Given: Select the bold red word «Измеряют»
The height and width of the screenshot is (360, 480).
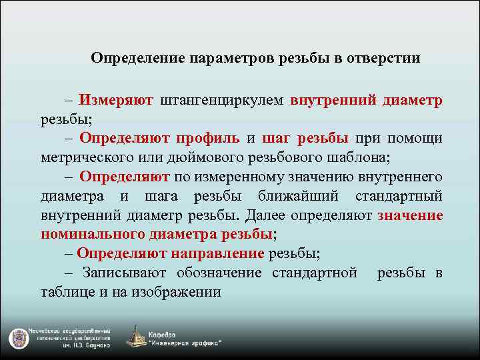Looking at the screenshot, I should [x=116, y=100].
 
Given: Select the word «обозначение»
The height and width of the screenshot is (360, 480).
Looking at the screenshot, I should [x=223, y=273].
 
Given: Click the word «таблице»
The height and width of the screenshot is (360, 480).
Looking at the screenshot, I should [x=65, y=292].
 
